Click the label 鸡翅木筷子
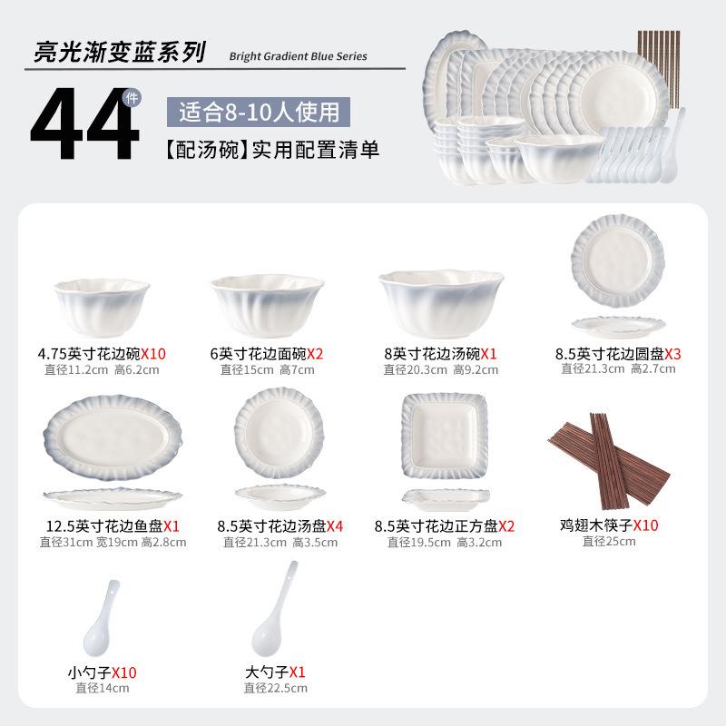tap(596, 525)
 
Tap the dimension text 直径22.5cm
tap(275, 688)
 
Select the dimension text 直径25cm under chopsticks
tap(608, 541)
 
